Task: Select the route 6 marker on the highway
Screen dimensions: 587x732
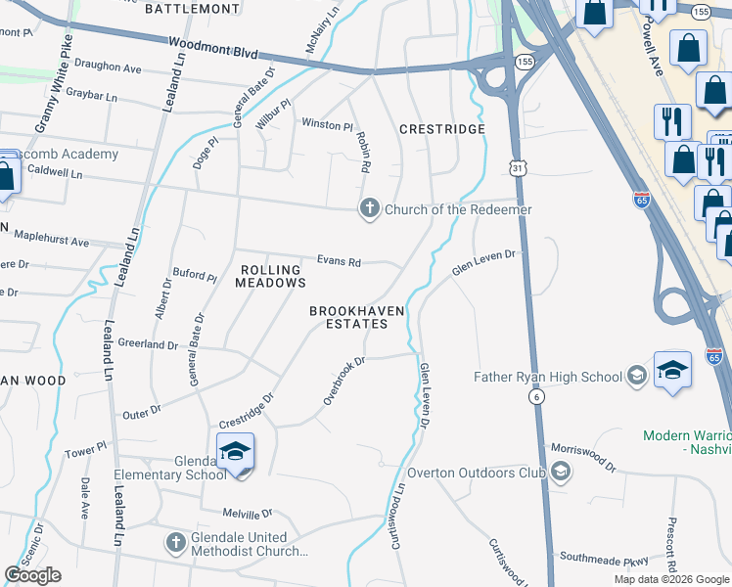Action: [537, 395]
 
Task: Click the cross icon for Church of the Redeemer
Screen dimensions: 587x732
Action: [369, 208]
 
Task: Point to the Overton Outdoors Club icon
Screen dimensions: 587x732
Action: [561, 473]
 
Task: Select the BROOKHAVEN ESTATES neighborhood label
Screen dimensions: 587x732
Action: [356, 317]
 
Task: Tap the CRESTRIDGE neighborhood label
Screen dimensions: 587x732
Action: [442, 129]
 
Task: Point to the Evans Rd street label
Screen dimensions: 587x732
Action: [339, 261]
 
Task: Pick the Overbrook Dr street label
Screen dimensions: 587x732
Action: [344, 381]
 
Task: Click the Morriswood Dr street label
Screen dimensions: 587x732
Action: [583, 455]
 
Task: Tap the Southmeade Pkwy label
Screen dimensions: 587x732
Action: [604, 561]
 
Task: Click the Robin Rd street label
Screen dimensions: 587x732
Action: [362, 153]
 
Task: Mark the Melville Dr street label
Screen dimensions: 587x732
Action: [247, 514]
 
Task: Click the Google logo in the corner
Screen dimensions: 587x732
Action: [32, 575]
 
